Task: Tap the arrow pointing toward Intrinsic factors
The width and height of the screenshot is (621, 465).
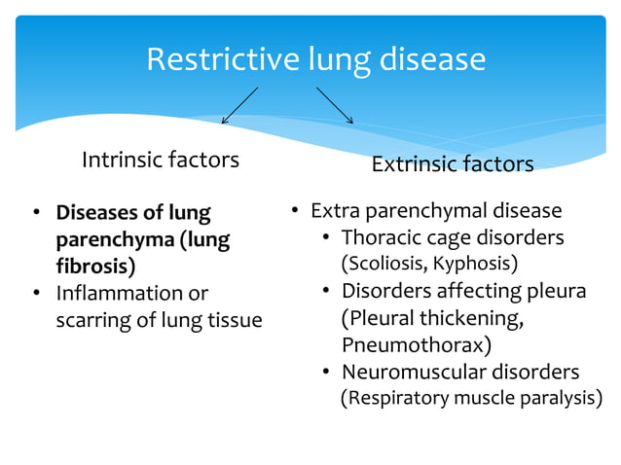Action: [239, 105]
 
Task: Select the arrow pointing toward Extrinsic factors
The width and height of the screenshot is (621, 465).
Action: [334, 105]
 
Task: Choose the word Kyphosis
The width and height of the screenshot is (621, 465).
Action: [475, 264]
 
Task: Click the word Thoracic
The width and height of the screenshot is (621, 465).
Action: [382, 237]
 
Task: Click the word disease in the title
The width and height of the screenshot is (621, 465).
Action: [436, 60]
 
